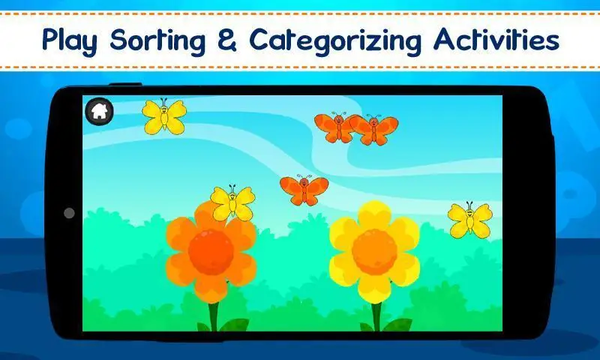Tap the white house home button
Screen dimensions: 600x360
(x=99, y=111)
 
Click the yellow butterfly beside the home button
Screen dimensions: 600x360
(x=164, y=117)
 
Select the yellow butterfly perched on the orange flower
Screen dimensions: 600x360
(x=232, y=202)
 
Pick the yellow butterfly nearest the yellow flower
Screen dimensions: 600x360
(x=470, y=220)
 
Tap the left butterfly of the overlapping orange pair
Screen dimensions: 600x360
(x=337, y=127)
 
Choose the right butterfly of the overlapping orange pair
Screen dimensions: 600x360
(x=375, y=130)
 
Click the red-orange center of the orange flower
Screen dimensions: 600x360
(x=211, y=252)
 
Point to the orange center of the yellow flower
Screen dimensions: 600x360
(x=374, y=252)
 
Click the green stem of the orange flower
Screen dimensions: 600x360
(x=214, y=316)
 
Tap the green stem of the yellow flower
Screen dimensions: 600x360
(x=377, y=316)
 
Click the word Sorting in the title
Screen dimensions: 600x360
(x=158, y=40)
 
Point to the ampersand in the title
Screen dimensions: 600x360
(x=228, y=40)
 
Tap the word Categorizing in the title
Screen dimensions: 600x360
(x=335, y=40)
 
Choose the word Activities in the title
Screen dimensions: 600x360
(x=496, y=39)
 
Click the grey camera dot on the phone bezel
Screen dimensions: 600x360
(x=69, y=213)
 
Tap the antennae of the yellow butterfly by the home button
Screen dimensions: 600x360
(x=163, y=101)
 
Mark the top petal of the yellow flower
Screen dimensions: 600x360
(x=374, y=215)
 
